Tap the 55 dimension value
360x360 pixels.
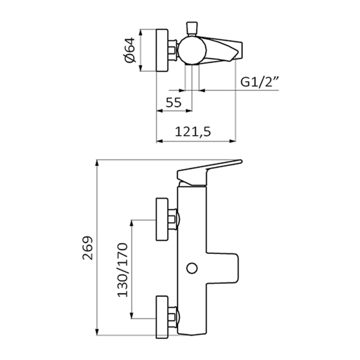click(x=174, y=102)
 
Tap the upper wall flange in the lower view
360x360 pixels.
click(x=162, y=220)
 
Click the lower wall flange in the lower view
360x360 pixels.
click(x=162, y=316)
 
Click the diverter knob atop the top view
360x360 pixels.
click(x=193, y=28)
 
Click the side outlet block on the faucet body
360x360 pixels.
click(x=224, y=268)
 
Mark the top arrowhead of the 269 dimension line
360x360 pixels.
click(x=97, y=164)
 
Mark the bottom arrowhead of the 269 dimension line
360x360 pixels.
click(x=97, y=337)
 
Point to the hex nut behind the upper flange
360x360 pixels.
click(x=174, y=220)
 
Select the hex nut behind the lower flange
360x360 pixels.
click(x=174, y=316)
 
